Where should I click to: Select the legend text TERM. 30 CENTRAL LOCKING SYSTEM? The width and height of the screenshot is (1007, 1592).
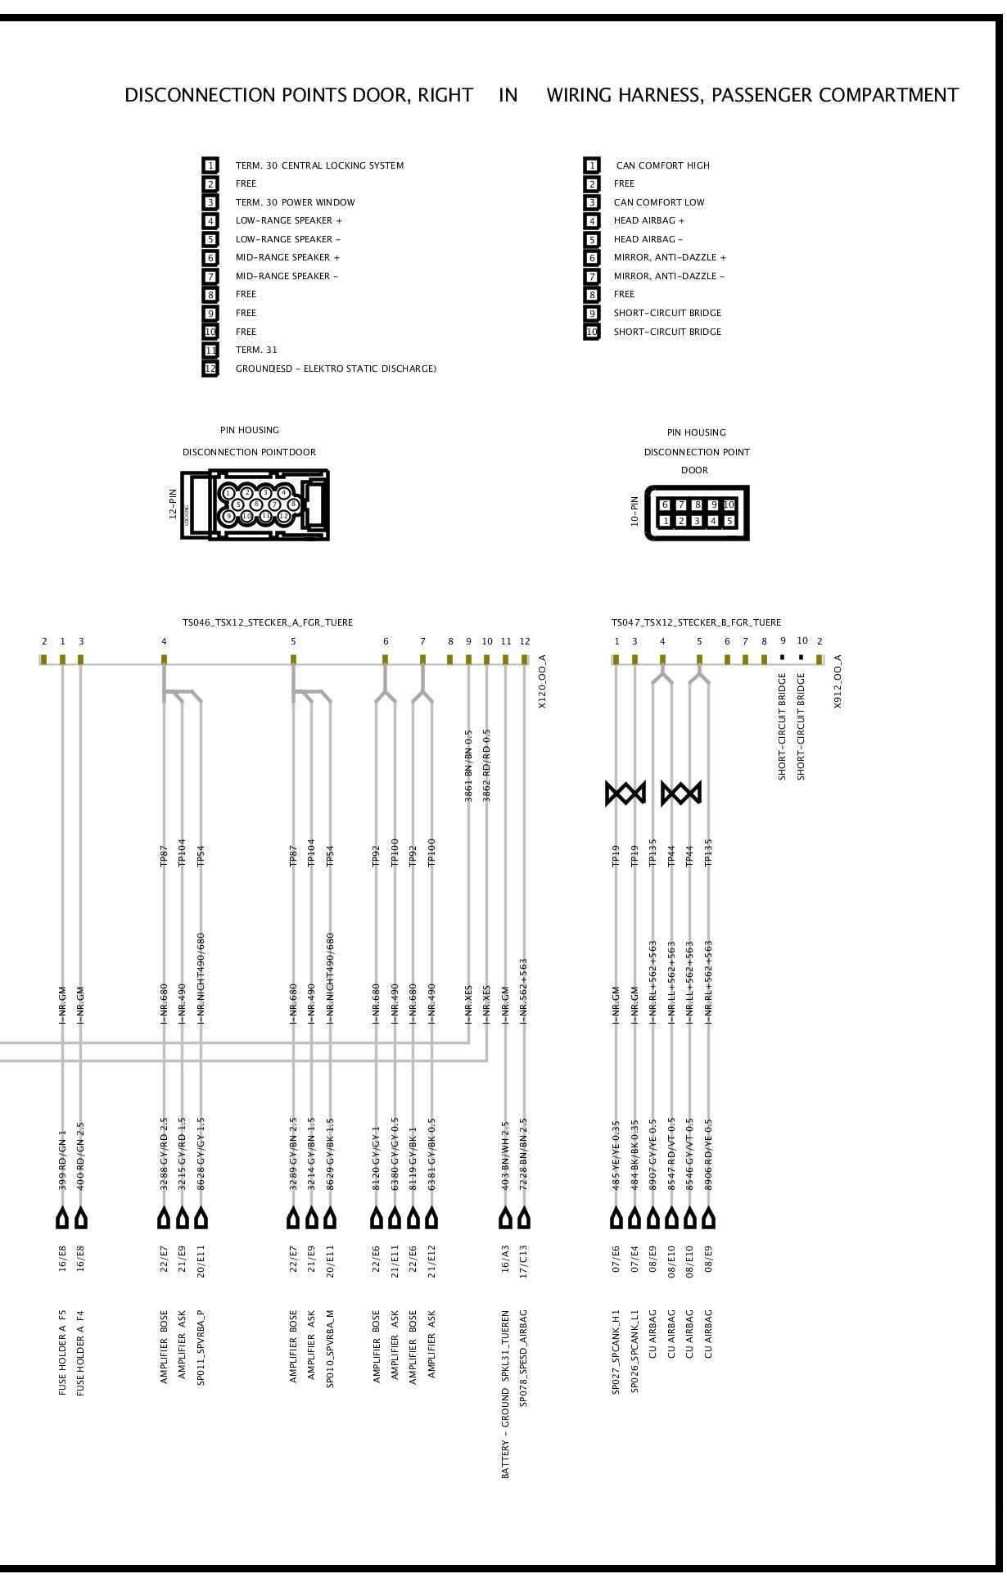pos(319,165)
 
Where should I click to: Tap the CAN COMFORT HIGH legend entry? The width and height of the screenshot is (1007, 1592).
pos(662,165)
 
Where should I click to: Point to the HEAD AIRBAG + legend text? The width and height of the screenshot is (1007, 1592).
pos(648,221)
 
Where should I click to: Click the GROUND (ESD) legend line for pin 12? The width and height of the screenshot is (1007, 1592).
pos(336,369)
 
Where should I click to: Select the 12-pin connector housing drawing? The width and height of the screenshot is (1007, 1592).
pos(255,504)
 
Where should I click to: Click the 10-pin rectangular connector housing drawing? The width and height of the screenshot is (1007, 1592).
pos(697,513)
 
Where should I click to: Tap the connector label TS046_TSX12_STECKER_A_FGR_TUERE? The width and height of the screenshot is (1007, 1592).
pos(267,623)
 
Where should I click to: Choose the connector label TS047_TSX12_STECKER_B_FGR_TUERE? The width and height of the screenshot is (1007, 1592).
pos(696,623)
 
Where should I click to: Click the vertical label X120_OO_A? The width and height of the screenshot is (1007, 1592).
pos(542,681)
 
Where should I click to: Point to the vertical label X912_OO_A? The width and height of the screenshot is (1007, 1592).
pos(838,681)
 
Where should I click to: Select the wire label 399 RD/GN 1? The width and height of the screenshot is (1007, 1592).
pos(62,1160)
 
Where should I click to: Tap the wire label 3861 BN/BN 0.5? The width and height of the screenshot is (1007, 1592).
pos(469,766)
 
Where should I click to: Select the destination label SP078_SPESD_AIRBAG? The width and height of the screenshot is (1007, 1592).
pos(524,1358)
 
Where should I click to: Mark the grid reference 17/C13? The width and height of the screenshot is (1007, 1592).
pos(524,1260)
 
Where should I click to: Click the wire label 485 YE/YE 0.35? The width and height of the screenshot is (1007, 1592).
pos(616,1156)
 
